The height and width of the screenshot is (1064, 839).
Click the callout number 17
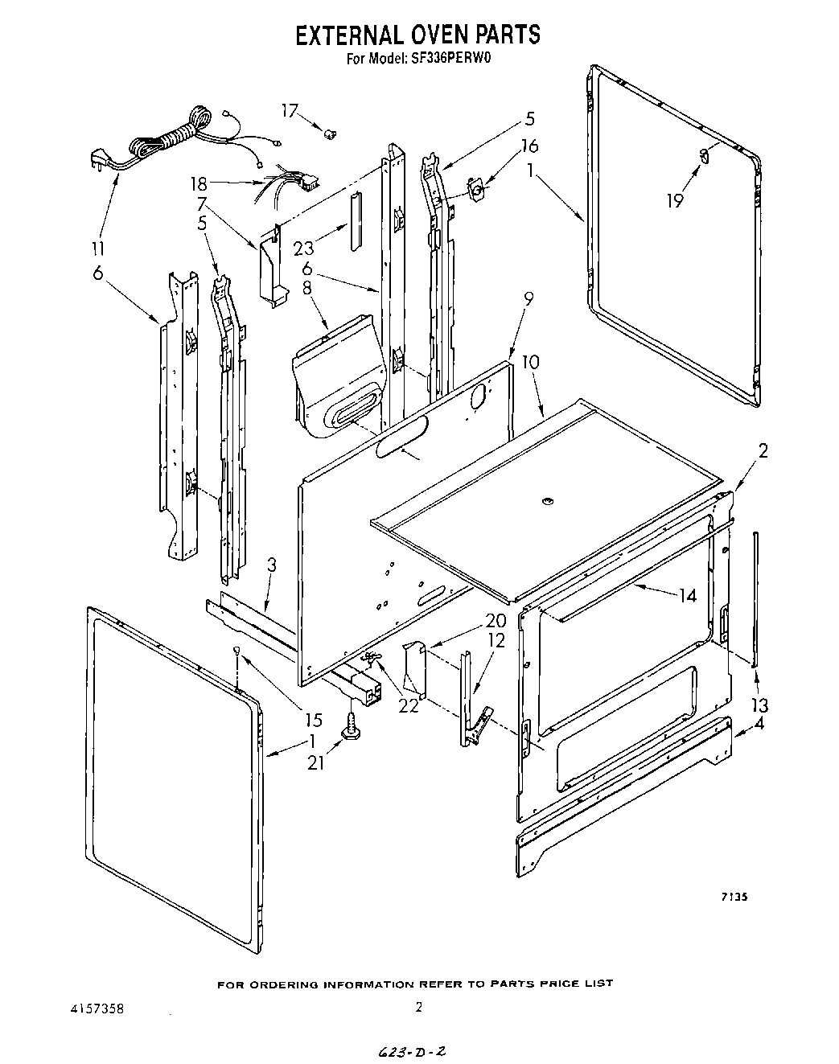point(290,111)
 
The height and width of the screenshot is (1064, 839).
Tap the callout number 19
point(675,201)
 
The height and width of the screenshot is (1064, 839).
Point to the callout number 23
point(304,249)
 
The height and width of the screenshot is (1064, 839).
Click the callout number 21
point(315,762)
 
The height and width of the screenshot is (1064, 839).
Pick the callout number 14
point(686,596)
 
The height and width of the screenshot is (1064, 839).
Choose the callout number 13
point(759,705)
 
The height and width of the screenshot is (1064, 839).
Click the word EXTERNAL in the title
point(352,35)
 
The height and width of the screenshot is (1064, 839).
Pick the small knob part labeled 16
point(475,191)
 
